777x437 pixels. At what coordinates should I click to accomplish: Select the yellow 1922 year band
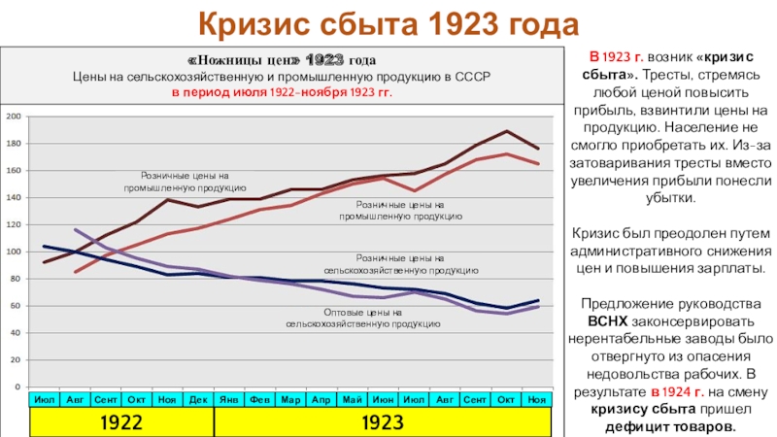121,422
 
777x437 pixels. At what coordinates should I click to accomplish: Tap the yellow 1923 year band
382,422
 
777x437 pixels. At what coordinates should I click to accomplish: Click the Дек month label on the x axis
198,399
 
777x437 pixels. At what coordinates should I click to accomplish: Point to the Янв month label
229,399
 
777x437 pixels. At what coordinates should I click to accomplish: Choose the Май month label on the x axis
352,399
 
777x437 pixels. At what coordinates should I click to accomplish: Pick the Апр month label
321,399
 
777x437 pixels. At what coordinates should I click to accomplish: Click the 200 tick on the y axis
15,117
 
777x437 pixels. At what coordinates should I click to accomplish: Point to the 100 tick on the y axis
15,252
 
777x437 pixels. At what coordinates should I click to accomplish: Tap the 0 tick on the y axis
18,387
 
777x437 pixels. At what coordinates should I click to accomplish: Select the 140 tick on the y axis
15,198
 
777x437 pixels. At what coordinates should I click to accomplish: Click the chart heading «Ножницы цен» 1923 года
282,60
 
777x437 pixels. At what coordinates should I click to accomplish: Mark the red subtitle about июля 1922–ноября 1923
282,93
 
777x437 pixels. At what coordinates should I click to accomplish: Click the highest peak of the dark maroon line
506,131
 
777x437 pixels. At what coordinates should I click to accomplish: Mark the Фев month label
259,399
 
